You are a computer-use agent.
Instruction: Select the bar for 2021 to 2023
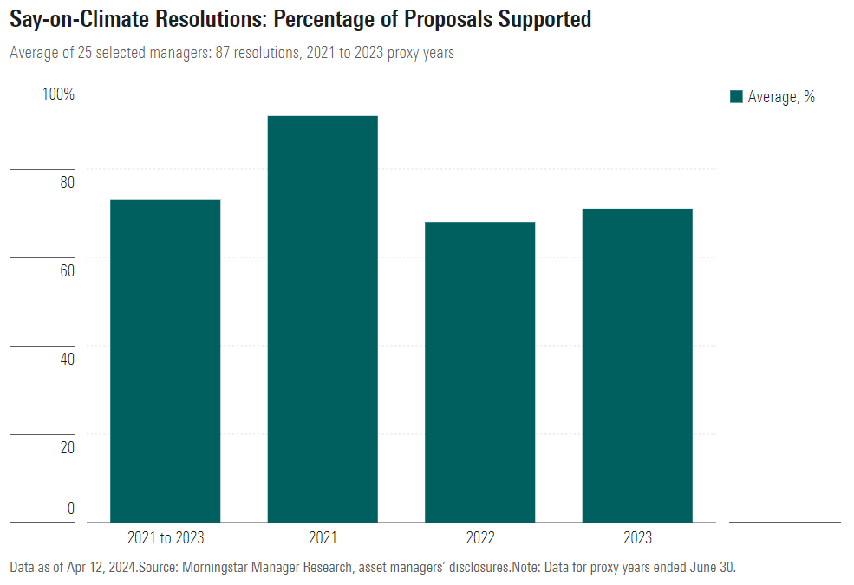tap(165, 361)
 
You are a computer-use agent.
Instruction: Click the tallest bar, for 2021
tap(323, 319)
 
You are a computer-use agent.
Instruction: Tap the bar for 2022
tap(479, 372)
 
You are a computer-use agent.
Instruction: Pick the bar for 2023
tap(637, 365)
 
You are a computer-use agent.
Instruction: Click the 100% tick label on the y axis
tap(60, 94)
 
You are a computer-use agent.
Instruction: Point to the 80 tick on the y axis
tap(67, 182)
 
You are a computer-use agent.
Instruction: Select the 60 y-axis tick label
tap(67, 270)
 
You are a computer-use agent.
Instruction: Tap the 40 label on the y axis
tap(67, 359)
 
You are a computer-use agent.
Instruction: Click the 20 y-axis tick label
tap(67, 447)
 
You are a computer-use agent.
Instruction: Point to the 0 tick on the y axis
tap(71, 509)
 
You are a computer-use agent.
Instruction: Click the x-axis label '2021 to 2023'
tap(166, 538)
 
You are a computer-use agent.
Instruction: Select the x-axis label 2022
tap(480, 538)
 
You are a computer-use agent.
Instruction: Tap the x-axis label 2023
tap(637, 538)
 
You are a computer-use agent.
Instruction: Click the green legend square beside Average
tap(737, 97)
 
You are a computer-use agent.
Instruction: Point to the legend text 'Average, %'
tap(781, 97)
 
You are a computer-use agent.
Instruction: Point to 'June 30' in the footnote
tap(712, 568)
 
